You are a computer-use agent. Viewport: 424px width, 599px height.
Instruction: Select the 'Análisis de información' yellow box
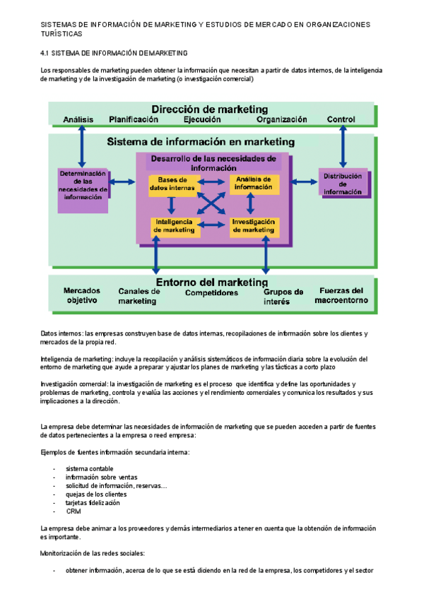[254, 184]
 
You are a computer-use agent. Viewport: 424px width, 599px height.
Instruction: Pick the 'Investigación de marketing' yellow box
[254, 226]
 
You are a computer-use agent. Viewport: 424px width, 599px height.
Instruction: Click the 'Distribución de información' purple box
[343, 184]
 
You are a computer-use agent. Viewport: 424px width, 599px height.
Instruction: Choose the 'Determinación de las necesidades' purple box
[83, 185]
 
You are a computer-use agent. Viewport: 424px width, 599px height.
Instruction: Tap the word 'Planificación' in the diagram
[134, 120]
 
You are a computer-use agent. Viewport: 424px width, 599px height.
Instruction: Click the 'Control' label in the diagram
[341, 120]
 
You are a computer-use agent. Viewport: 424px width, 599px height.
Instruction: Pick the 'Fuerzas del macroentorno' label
[342, 295]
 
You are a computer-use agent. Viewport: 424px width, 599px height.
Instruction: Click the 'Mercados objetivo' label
[81, 295]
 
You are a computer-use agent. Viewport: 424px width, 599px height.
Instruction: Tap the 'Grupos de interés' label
[283, 297]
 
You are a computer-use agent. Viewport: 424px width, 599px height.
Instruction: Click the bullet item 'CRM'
[73, 511]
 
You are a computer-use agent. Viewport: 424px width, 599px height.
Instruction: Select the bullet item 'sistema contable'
[89, 469]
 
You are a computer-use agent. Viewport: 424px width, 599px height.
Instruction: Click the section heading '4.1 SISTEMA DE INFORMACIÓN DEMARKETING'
[114, 53]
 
